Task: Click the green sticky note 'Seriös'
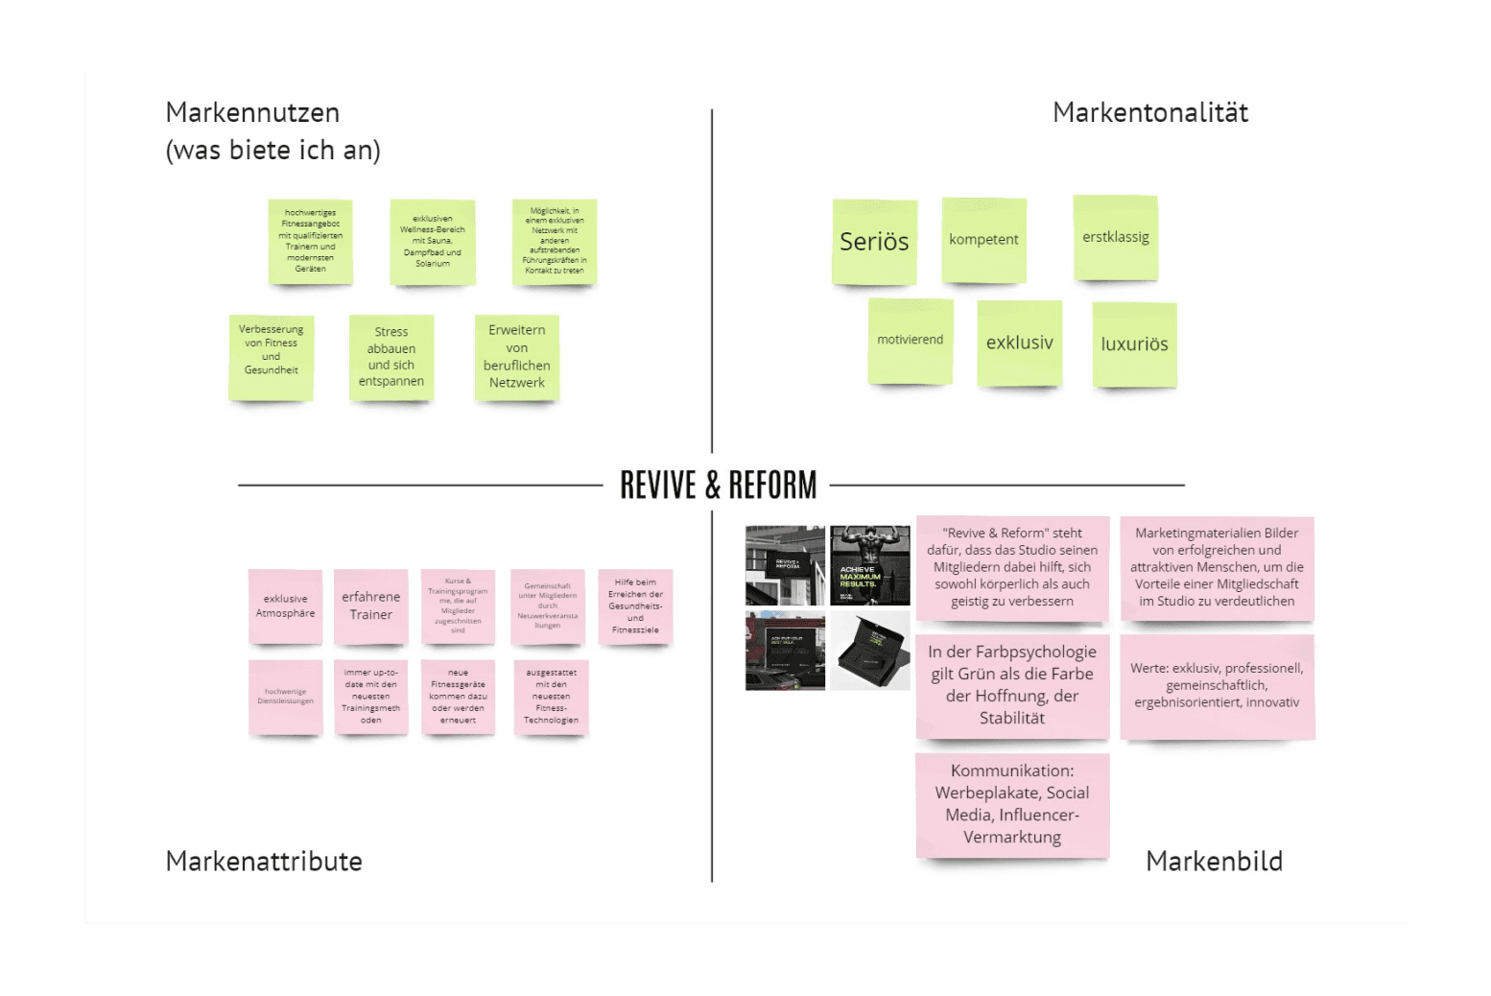click(874, 242)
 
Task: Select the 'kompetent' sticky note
click(983, 240)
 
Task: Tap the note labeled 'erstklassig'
click(1115, 237)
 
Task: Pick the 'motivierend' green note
click(910, 340)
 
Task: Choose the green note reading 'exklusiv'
click(1019, 343)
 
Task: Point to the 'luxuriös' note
click(1134, 344)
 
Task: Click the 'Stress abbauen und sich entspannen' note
click(391, 357)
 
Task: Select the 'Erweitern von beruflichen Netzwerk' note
click(516, 357)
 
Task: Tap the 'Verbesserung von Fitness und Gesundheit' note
click(271, 356)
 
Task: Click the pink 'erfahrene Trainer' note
click(370, 605)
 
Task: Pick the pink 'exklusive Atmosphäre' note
click(285, 605)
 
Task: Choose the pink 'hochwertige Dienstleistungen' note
click(285, 697)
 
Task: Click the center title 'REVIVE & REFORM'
click(718, 486)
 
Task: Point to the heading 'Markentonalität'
click(1149, 113)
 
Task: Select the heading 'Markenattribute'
click(264, 861)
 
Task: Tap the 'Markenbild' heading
click(1214, 861)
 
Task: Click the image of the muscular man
click(869, 565)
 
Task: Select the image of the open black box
click(869, 651)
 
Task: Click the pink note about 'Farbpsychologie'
click(1012, 685)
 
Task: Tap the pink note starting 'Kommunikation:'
click(1012, 804)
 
